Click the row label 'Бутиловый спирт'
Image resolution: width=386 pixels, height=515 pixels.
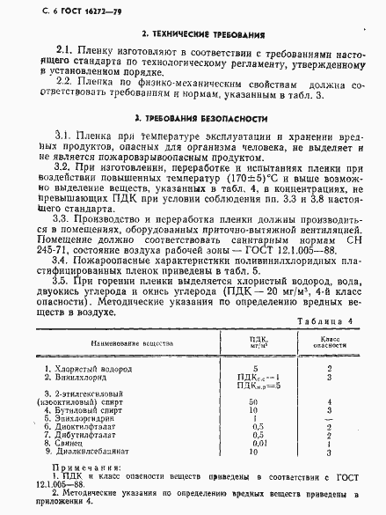(x=91, y=409)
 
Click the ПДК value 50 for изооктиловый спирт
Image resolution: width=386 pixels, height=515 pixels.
(x=254, y=401)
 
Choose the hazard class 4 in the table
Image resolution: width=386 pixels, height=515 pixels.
(x=327, y=401)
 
